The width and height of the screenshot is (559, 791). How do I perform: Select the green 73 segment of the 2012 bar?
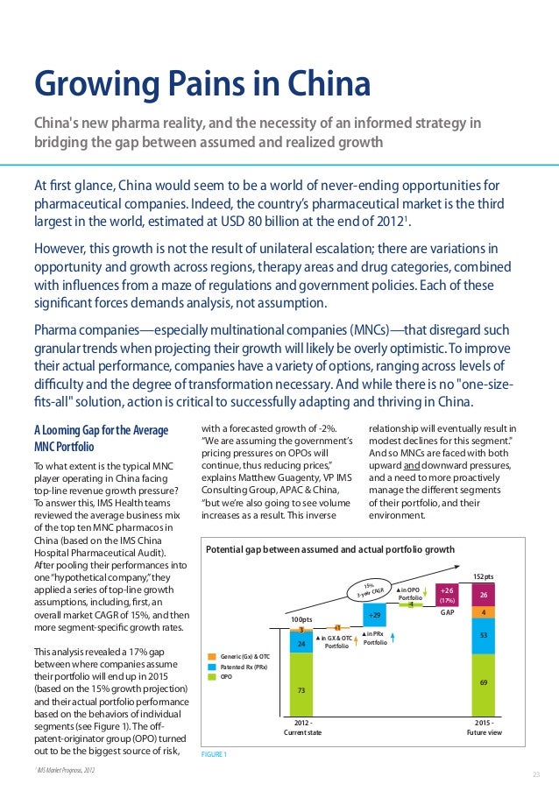301,689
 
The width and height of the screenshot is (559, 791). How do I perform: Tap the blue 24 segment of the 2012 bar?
301,643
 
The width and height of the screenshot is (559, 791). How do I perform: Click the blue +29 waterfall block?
375,616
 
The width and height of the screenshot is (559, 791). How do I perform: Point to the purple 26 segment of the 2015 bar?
485,595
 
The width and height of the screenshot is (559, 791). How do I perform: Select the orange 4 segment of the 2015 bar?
485,611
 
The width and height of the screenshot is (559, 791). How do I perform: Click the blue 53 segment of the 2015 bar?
485,635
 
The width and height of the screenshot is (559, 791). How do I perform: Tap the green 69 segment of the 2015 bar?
485,681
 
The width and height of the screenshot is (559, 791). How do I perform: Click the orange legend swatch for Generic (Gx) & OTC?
211,654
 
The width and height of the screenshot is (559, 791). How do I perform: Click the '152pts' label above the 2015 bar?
485,576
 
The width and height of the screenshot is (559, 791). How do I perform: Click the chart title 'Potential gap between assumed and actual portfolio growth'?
329,549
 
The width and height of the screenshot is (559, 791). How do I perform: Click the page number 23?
536,774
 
